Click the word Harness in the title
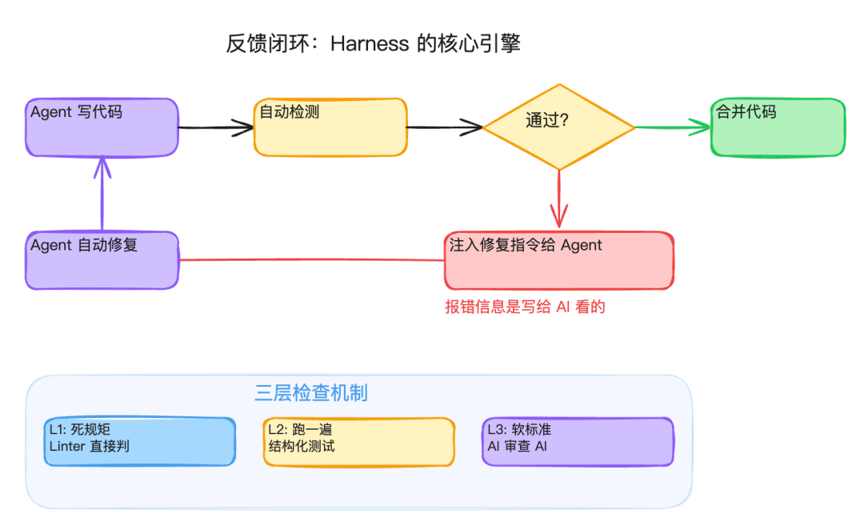point(370,43)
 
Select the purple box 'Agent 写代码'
point(102,127)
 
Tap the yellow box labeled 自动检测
point(330,126)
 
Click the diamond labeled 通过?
point(558,126)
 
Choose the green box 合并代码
point(778,127)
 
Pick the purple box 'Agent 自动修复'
point(102,260)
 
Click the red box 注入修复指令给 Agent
point(558,260)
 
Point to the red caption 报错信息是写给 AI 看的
point(525,307)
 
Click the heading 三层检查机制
point(311,393)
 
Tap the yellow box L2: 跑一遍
point(358,441)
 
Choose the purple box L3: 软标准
point(578,441)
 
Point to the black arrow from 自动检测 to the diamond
point(444,126)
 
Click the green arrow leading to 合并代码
point(672,127)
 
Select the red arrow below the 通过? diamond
point(558,200)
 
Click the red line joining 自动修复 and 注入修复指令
point(312,259)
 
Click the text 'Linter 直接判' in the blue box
point(89,447)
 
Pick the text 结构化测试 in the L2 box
point(301,447)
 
